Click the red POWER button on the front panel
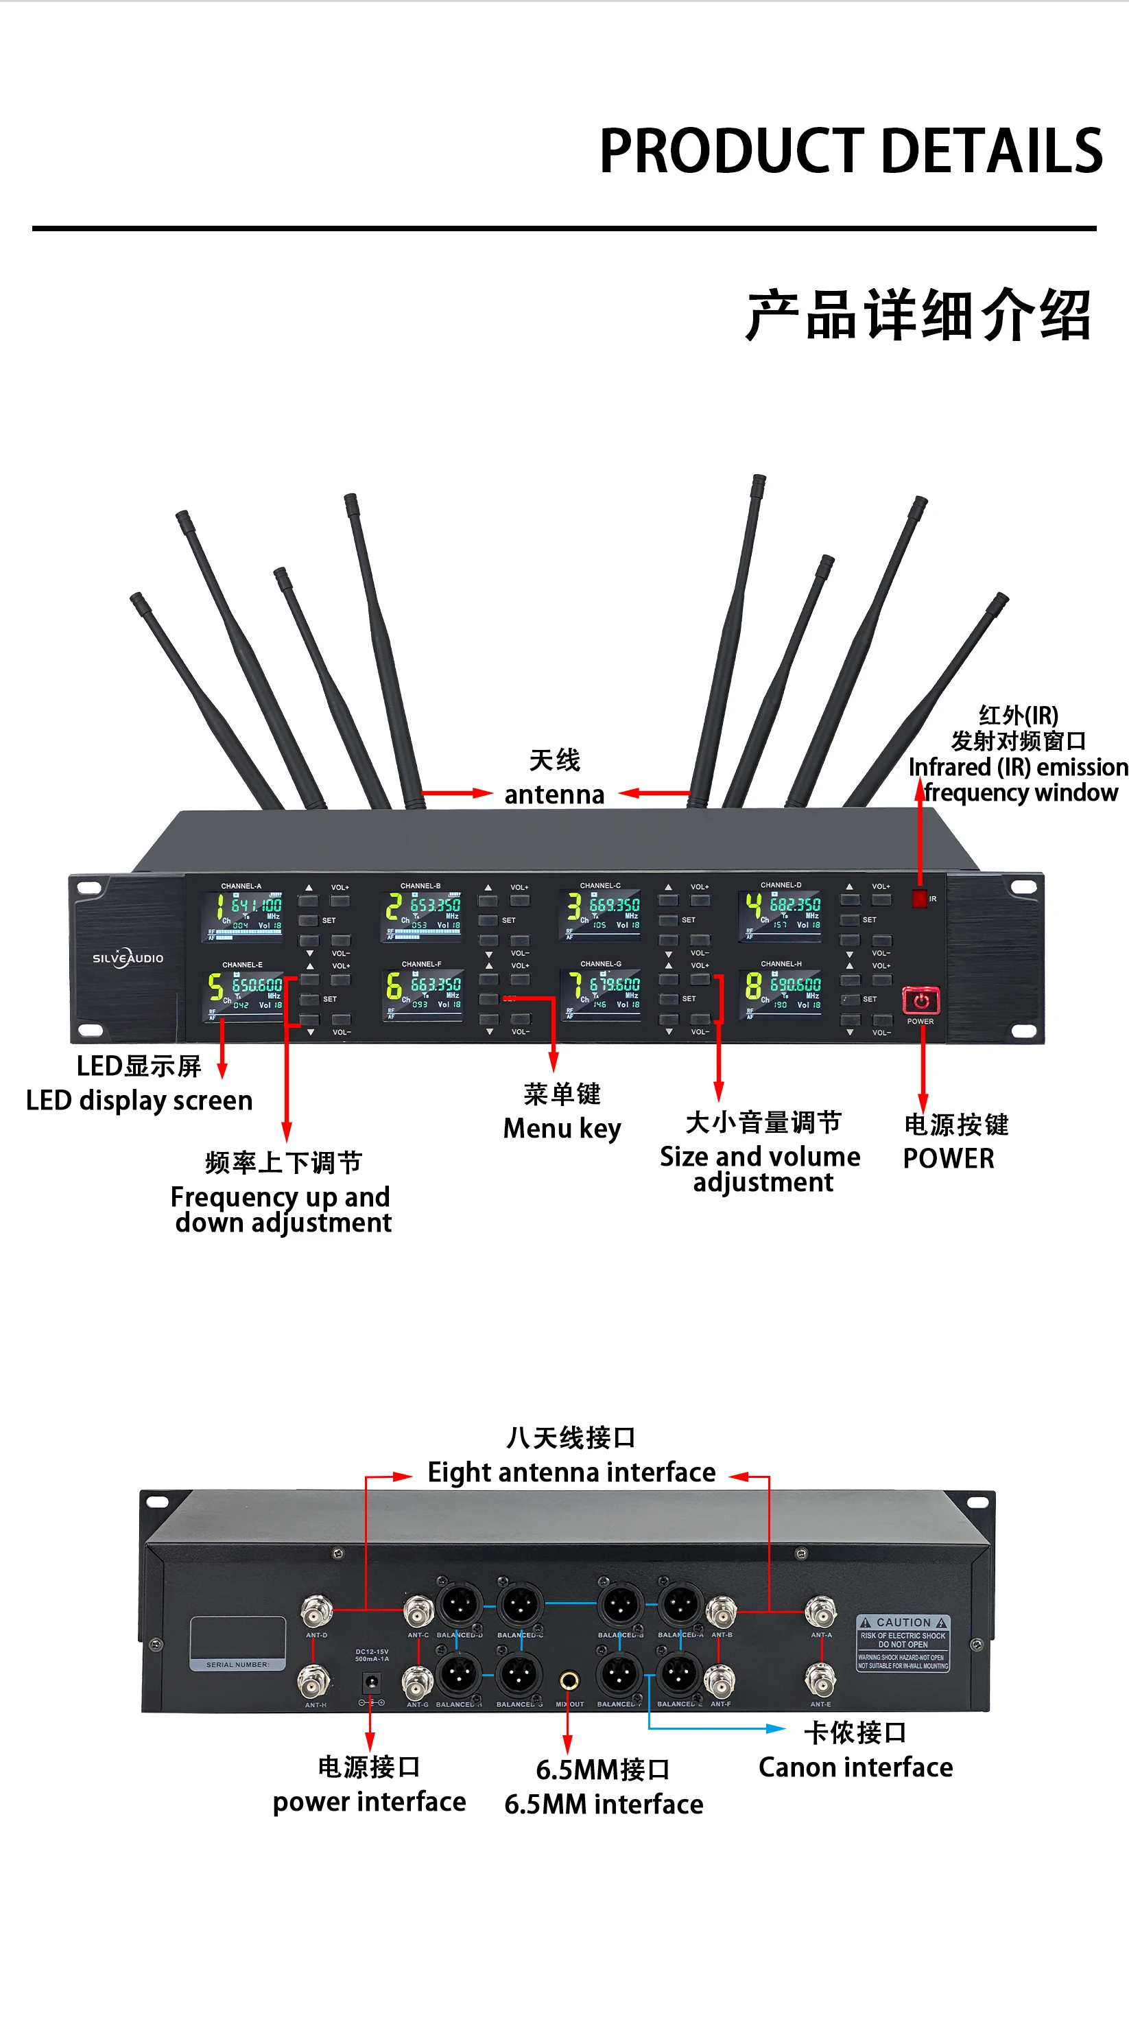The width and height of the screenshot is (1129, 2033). pos(920,1000)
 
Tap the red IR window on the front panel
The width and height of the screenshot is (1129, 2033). pos(918,898)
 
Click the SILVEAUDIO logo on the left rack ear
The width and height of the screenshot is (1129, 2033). pos(128,957)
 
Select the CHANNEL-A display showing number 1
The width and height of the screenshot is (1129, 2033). pos(242,915)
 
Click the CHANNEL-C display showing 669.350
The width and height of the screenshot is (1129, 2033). pos(601,915)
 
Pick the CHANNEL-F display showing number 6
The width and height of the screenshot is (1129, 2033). pos(422,994)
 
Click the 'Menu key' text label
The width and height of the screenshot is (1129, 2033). pos(562,1128)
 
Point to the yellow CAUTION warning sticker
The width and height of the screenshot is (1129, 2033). pos(903,1643)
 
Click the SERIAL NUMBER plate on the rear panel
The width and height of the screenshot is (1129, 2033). pos(237,1643)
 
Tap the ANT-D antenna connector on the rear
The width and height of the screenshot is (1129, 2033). pos(316,1608)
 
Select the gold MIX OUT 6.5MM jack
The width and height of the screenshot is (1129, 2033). pos(568,1681)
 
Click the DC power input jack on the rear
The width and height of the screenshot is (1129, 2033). pos(370,1682)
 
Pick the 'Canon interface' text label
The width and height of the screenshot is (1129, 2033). pos(855,1767)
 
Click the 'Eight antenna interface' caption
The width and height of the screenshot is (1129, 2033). pos(571,1472)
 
